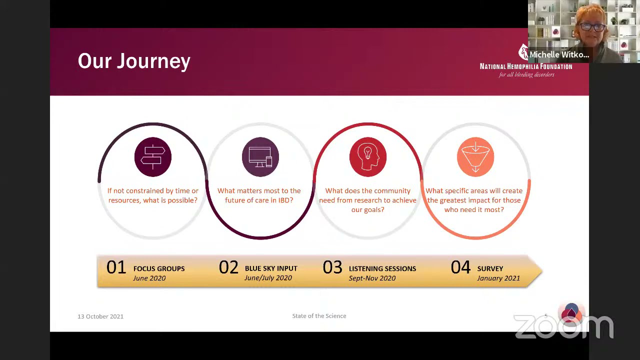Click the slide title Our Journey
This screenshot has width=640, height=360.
click(134, 61)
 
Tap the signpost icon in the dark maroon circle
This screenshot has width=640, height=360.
click(153, 157)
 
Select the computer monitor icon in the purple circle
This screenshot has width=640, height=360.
click(260, 157)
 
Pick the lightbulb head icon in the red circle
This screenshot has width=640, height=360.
click(368, 157)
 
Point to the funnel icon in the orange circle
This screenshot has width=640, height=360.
click(475, 157)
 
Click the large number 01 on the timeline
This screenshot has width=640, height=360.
click(116, 267)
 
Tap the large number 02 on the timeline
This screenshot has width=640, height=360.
click(228, 267)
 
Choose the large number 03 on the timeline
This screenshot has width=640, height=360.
click(332, 267)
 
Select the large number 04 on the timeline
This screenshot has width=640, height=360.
click(460, 267)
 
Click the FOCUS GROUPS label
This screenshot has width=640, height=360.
click(159, 268)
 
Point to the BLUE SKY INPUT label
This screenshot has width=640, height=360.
click(271, 268)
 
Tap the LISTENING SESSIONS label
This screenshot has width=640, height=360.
click(382, 268)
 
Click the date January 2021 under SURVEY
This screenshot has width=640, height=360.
click(498, 278)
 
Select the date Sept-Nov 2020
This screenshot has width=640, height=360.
click(372, 278)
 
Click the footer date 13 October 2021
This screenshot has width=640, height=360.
click(100, 316)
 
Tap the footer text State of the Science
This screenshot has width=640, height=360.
click(319, 316)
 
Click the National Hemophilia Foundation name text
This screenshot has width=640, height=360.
click(525, 66)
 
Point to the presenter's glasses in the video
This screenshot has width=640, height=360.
click(592, 27)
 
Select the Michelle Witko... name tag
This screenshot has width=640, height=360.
click(559, 54)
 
